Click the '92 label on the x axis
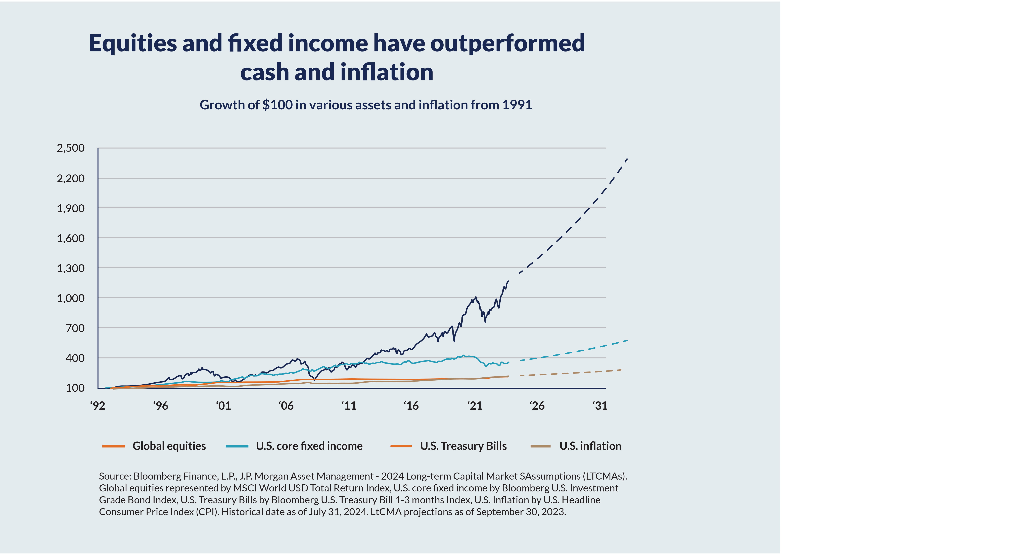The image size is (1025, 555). point(98,406)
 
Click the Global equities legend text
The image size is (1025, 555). point(169,446)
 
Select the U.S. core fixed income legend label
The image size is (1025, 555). point(309,446)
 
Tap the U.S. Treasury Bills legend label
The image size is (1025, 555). point(463,446)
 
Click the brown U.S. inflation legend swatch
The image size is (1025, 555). point(540,446)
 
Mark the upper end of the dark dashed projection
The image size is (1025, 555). point(627,159)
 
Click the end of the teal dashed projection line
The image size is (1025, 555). point(627,340)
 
